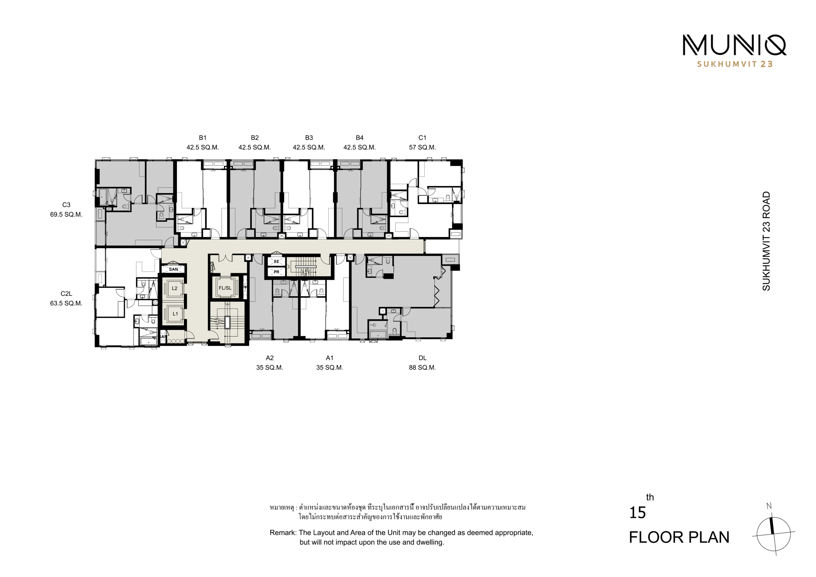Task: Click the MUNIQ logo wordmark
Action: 734,45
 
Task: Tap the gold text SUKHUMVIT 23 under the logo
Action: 735,64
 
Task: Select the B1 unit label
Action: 203,138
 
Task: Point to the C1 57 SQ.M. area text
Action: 422,147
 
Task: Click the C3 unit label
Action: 66,205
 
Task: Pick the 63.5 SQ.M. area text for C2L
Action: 66,303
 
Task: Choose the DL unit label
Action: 423,358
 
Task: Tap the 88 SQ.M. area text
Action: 422,368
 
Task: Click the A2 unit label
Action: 270,358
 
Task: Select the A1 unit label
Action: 330,358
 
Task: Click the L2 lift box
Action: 174,288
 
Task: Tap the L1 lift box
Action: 174,314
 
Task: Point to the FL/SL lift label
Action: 225,288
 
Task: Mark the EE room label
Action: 276,262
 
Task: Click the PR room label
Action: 276,272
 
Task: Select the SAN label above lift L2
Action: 173,269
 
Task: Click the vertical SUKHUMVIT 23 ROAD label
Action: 766,241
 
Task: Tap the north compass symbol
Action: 773,532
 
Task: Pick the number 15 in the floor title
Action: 637,513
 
